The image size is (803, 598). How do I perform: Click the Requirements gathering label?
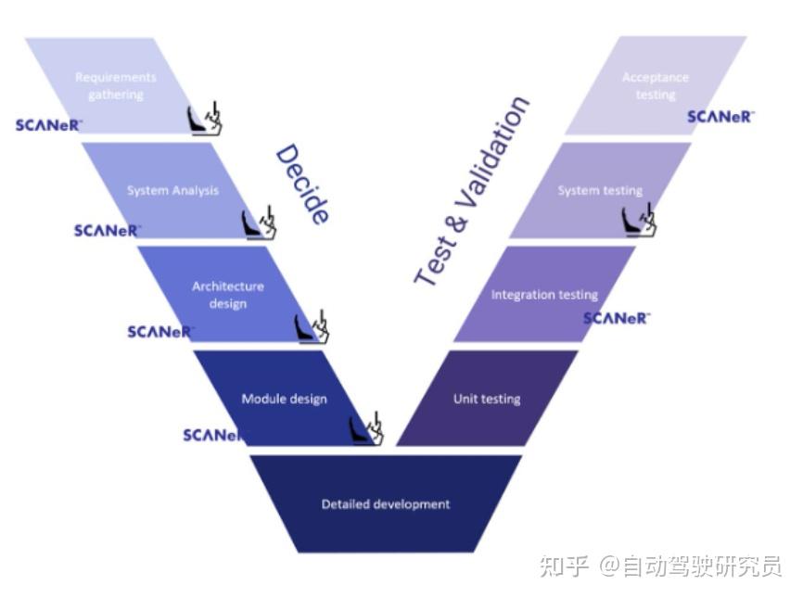[x=116, y=86]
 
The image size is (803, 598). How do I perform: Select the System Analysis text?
[x=172, y=191]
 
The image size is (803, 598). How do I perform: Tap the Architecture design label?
[x=228, y=295]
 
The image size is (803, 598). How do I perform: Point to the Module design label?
[x=284, y=400]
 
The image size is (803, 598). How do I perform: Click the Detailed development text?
[x=386, y=504]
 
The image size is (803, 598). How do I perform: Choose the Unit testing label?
[x=487, y=400]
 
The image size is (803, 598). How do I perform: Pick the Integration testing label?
[x=544, y=295]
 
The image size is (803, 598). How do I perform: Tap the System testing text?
[x=600, y=191]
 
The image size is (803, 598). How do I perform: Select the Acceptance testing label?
[x=656, y=86]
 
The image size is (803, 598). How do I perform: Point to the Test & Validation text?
[x=471, y=191]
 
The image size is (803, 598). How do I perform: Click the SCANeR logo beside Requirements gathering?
[x=49, y=125]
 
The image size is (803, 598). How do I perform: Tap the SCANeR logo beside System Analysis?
[x=107, y=230]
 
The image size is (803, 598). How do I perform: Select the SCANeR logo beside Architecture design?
[x=160, y=332]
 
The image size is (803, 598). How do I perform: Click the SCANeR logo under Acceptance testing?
[x=720, y=117]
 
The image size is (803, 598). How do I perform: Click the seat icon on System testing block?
[x=640, y=220]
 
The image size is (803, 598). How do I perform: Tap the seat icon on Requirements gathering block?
[x=206, y=119]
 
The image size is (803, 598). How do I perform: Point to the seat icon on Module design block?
[x=366, y=428]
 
